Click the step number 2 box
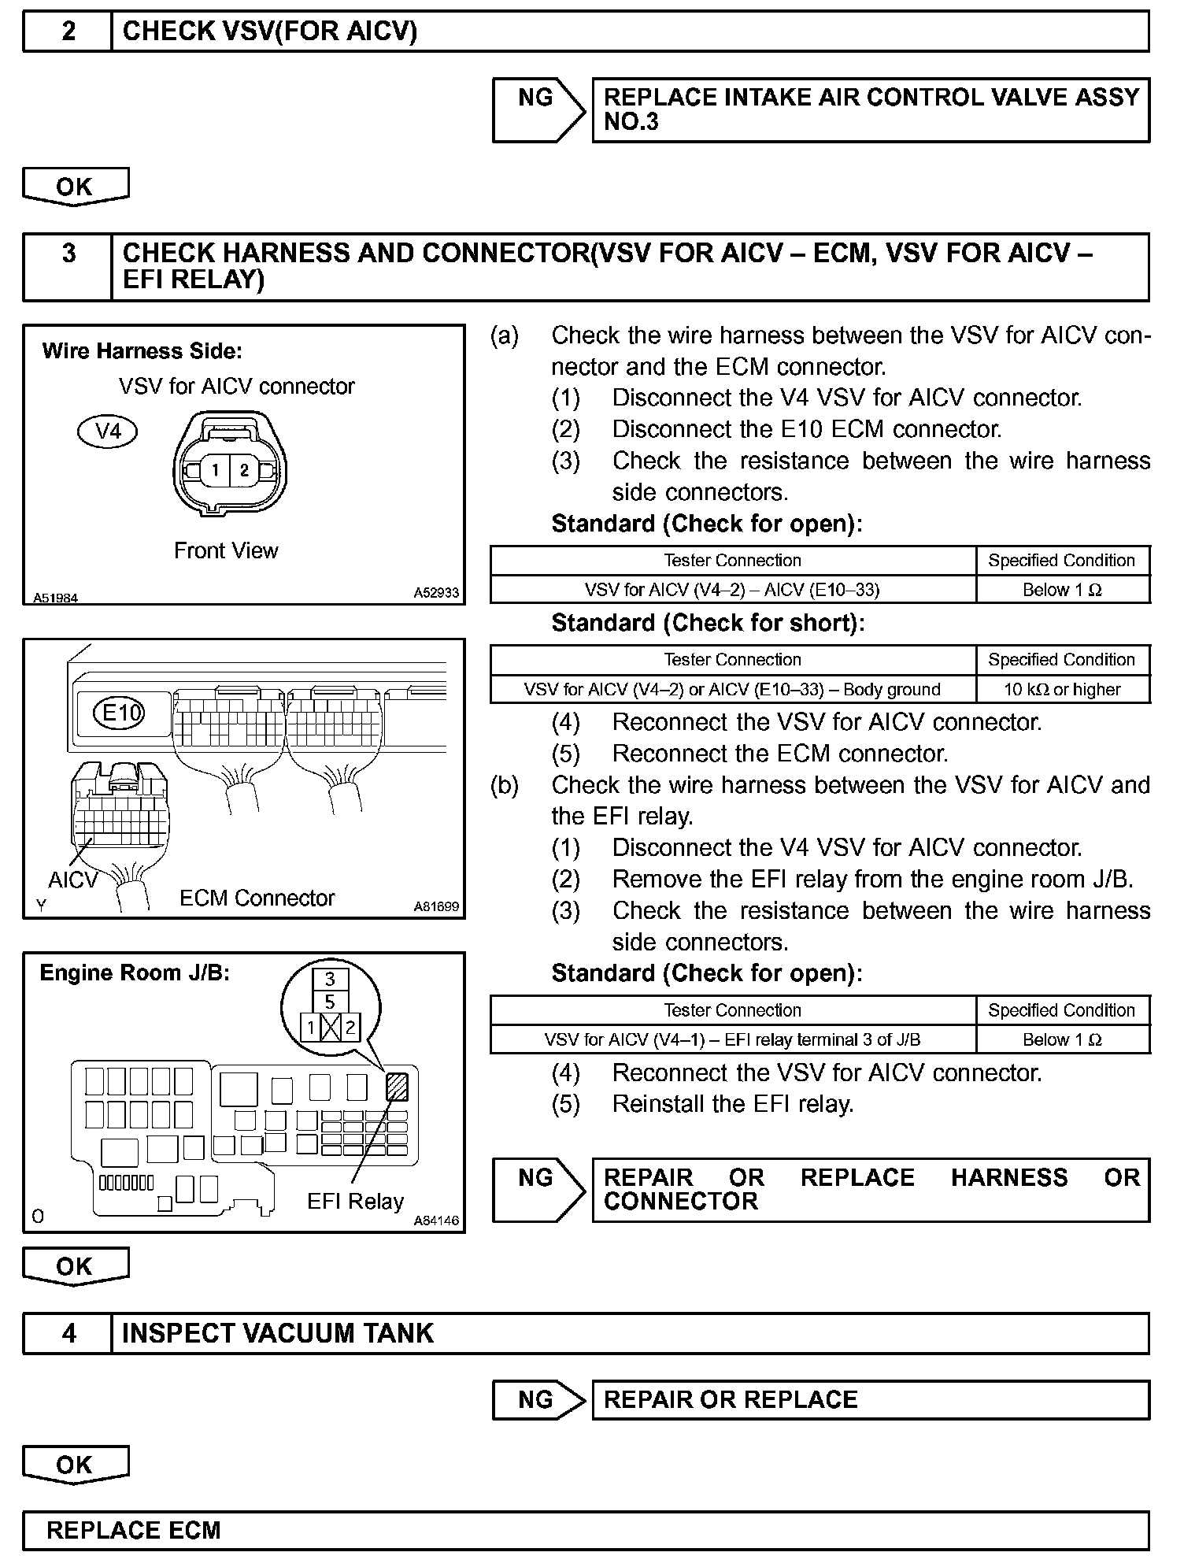[68, 31]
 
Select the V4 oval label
[108, 432]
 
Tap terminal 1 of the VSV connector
[215, 470]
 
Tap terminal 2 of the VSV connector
[245, 470]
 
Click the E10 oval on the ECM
[120, 713]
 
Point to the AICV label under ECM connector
[72, 880]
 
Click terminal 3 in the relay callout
[330, 979]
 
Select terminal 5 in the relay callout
[330, 1002]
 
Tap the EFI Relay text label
[355, 1201]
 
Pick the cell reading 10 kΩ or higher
[1062, 690]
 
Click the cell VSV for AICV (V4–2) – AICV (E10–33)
[732, 590]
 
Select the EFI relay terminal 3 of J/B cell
[732, 1039]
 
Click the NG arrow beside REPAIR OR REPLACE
[538, 1399]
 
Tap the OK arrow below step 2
[75, 187]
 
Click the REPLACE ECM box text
[134, 1530]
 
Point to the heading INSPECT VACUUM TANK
[278, 1333]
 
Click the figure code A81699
[436, 906]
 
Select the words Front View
[226, 550]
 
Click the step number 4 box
[68, 1333]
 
